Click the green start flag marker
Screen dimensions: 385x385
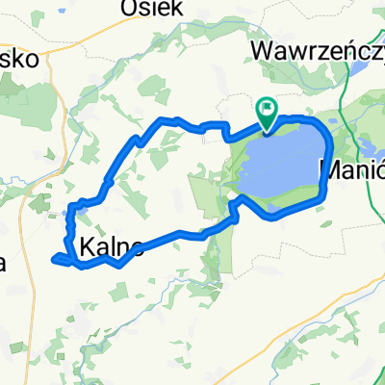(266, 113)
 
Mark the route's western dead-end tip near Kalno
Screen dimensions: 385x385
(55, 258)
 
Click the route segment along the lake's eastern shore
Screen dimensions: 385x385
(330, 154)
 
